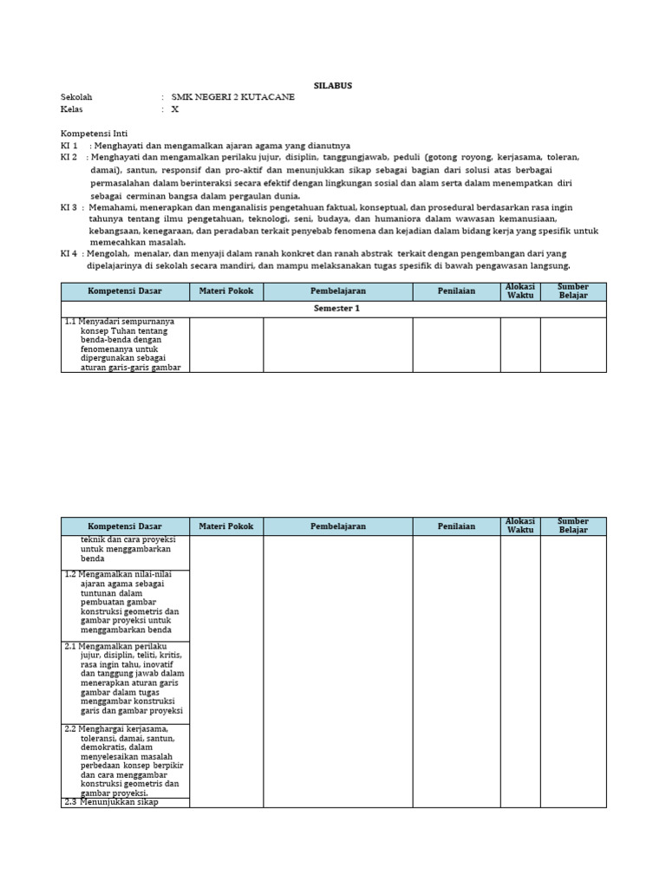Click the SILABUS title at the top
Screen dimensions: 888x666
(x=333, y=85)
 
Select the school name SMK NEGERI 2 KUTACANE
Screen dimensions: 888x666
(x=232, y=97)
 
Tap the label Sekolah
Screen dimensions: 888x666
(x=76, y=97)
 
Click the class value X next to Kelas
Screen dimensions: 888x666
(x=174, y=109)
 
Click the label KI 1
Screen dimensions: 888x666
(x=69, y=146)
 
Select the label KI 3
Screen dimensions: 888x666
(x=69, y=207)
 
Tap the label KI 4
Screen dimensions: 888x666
(x=69, y=253)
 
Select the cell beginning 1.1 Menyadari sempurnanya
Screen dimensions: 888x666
(x=125, y=344)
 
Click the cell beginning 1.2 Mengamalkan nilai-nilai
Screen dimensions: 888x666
(x=125, y=605)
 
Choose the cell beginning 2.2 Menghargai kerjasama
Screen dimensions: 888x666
(x=125, y=761)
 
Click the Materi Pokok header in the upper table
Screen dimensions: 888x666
(x=226, y=291)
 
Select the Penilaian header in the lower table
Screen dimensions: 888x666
(x=456, y=526)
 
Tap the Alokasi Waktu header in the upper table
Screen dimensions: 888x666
(x=520, y=291)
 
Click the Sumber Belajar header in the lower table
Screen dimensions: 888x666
(x=573, y=526)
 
